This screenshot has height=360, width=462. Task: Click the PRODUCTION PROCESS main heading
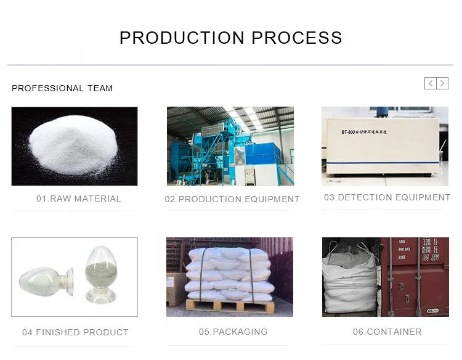[x=230, y=38]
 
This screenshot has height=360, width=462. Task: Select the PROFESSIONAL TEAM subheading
[x=62, y=88]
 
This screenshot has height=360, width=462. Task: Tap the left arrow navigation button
[x=431, y=83]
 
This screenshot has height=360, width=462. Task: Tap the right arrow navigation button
[x=442, y=83]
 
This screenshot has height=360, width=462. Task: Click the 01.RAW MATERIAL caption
[x=78, y=198]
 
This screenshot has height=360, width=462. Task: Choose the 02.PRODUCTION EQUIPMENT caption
[x=232, y=199]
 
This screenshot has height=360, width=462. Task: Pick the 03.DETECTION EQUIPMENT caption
[x=387, y=197]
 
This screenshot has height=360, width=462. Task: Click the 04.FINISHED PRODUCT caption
[x=75, y=332]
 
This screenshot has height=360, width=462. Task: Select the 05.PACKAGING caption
[x=233, y=332]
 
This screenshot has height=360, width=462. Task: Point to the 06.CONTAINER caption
[x=387, y=332]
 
